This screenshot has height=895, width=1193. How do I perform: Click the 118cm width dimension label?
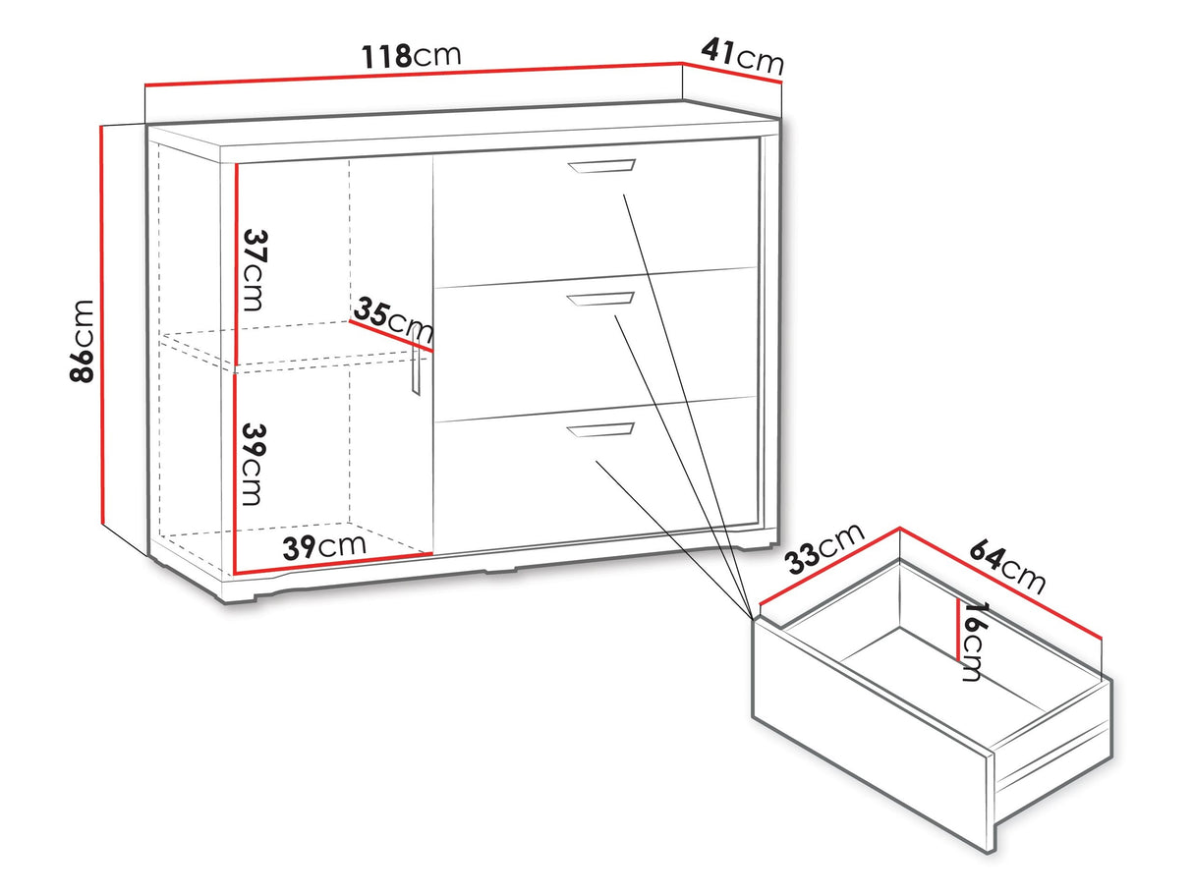tap(412, 56)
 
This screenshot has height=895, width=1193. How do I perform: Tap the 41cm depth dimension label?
tap(743, 57)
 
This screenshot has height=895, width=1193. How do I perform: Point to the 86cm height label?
tap(83, 341)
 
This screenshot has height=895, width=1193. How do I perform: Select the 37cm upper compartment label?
tap(254, 270)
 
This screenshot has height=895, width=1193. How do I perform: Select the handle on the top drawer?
tap(601, 166)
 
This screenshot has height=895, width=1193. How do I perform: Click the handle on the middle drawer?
tap(600, 300)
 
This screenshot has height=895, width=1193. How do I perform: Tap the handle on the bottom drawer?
tap(600, 430)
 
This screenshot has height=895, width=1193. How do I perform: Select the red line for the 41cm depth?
tap(731, 73)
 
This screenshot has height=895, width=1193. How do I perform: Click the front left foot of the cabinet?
tap(239, 598)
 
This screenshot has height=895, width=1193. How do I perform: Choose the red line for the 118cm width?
tap(413, 74)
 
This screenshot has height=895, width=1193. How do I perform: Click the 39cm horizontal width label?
tap(324, 547)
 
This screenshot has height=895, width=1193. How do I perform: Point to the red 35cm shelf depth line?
tap(391, 336)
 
